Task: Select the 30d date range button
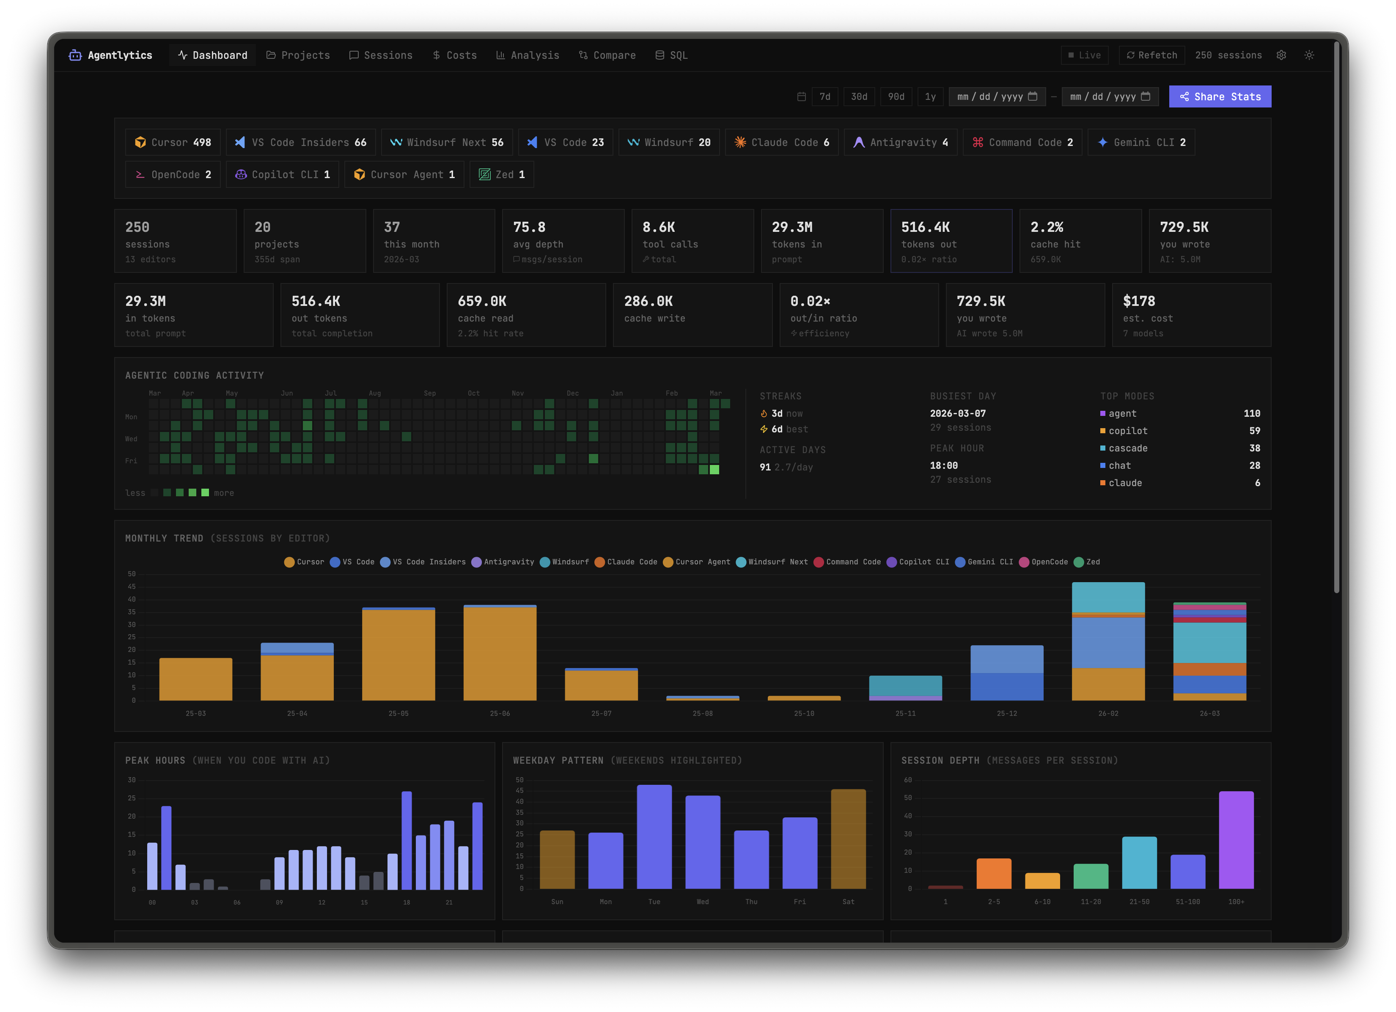click(859, 96)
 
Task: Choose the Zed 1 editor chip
click(502, 175)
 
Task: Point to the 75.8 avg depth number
click(529, 227)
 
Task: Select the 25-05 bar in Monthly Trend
click(398, 654)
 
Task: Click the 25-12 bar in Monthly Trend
click(1006, 673)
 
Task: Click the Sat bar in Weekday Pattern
click(848, 839)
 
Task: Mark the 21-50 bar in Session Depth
click(1139, 862)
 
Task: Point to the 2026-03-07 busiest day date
click(957, 414)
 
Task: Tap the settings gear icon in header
click(1281, 55)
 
